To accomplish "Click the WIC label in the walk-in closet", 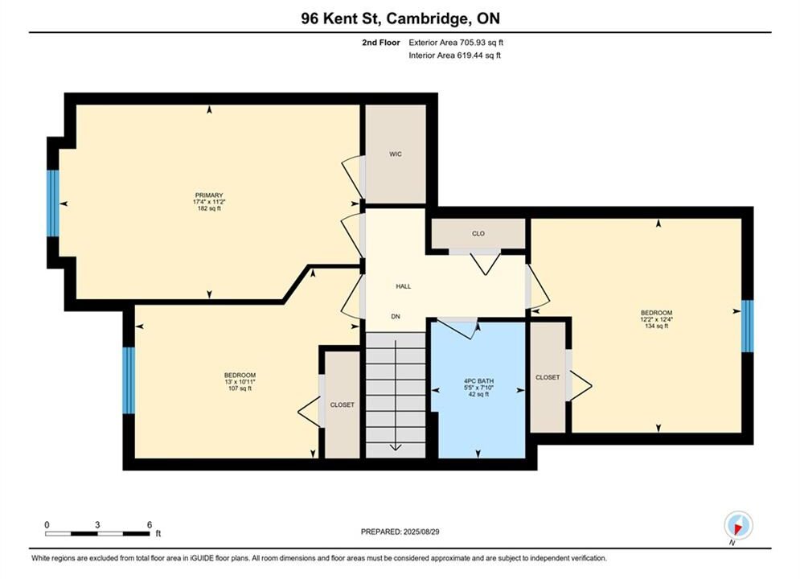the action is (396, 154).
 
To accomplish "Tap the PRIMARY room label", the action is (209, 195).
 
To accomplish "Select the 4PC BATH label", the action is (478, 381).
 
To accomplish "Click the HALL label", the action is (404, 287).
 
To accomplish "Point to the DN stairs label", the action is (396, 317).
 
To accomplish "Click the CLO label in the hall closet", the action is (478, 234).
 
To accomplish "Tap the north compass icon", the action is (738, 525).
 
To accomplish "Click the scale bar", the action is (97, 534).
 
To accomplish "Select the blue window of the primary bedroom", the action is (53, 203).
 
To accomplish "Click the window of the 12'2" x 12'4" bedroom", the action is (748, 326).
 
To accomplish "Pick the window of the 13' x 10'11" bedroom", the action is (129, 380).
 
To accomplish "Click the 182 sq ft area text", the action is (209, 208).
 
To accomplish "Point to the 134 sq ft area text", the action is (657, 326).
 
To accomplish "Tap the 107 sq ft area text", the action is (240, 388).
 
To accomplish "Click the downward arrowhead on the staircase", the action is (396, 447).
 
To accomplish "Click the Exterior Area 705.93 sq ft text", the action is (456, 43).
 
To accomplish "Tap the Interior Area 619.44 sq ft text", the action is (454, 55).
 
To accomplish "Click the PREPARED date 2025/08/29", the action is (400, 532).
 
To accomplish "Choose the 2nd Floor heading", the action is (381, 43).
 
